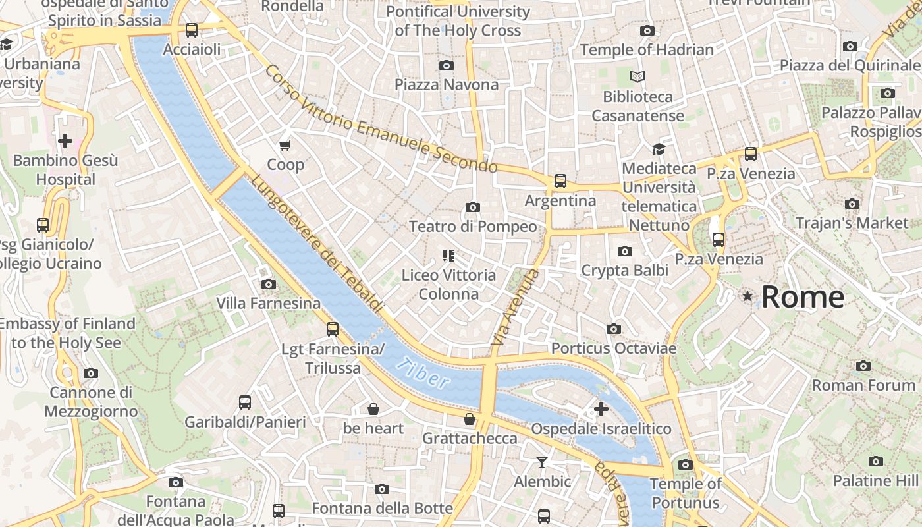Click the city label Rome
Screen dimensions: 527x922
coord(803,297)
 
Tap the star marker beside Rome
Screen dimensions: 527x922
coord(747,296)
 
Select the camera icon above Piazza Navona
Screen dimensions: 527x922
coord(447,65)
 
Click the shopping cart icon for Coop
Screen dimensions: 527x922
coord(285,145)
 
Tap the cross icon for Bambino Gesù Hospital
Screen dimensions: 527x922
coord(65,141)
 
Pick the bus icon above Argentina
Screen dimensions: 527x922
coord(560,180)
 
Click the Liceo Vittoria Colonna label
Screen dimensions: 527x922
coord(448,284)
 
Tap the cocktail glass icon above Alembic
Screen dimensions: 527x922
coord(542,462)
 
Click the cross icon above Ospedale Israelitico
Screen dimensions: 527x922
coord(601,409)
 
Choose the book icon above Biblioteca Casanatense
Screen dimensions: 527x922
coord(637,77)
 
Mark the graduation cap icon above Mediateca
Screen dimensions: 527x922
coord(659,149)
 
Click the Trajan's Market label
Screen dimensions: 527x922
coord(852,223)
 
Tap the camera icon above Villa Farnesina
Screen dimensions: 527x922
coord(269,284)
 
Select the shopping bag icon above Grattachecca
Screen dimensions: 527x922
coord(470,419)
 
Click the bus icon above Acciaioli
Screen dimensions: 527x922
coord(192,30)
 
